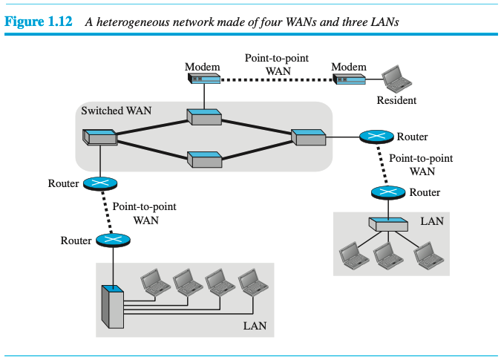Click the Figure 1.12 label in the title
(39, 22)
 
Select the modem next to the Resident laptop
(349, 78)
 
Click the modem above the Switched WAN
(203, 78)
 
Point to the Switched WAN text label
(116, 111)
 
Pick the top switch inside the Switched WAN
(203, 117)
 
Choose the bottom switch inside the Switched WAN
(204, 158)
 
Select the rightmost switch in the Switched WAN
(308, 137)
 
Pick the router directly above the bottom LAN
(112, 240)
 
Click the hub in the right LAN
(387, 223)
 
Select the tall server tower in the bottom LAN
(111, 306)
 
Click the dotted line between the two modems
(276, 79)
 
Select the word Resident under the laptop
(396, 100)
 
